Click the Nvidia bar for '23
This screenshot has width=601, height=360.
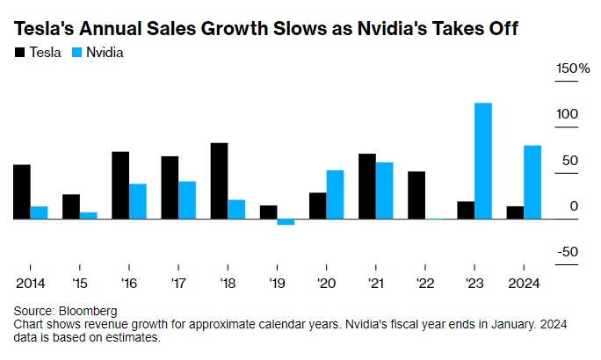(482, 161)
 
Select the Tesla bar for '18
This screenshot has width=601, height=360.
(219, 181)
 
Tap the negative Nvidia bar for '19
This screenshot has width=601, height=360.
(285, 222)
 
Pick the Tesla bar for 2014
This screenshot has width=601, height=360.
(22, 191)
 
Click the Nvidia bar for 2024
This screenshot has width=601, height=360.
(532, 182)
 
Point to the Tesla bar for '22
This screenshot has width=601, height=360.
(416, 195)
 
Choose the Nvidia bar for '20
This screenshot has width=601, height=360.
(335, 194)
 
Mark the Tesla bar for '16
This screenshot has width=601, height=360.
(120, 185)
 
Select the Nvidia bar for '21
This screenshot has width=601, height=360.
(384, 191)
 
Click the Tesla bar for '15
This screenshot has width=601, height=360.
(71, 206)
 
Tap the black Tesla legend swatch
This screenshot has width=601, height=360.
(19, 53)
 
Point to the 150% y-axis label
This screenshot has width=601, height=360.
(572, 68)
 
